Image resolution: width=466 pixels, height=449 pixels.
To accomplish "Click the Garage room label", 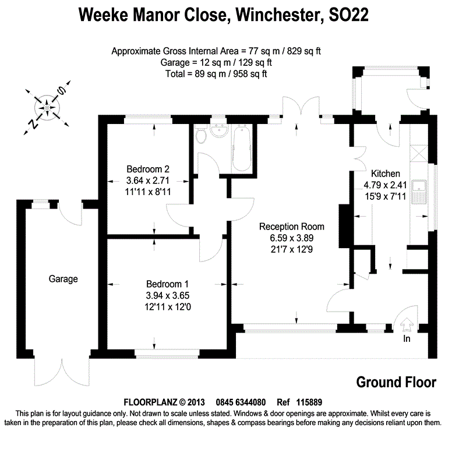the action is click(x=63, y=279).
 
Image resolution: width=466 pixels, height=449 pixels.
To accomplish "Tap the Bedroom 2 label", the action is click(x=148, y=169).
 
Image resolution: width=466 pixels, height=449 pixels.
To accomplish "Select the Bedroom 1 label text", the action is click(x=167, y=284).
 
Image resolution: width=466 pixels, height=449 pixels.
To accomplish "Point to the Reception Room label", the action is click(x=292, y=227).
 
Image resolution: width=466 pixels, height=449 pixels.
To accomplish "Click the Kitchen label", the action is click(x=386, y=174).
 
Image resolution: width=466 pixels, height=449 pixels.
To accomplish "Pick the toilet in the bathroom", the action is click(x=202, y=135).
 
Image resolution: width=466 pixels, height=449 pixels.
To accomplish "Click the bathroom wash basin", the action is click(x=219, y=132).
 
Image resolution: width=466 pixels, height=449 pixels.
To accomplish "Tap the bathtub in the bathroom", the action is click(x=241, y=148).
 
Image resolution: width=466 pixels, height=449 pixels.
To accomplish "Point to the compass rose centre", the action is click(x=47, y=107).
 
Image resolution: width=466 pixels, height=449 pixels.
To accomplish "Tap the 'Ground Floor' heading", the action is click(x=396, y=383).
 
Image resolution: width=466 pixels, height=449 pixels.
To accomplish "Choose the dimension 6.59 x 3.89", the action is click(x=292, y=238).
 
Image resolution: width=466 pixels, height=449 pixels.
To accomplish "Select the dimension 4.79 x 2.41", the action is click(x=385, y=185).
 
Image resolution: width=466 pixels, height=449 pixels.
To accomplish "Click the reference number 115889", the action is click(x=309, y=402).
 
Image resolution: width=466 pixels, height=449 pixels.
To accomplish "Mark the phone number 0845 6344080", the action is click(x=241, y=402).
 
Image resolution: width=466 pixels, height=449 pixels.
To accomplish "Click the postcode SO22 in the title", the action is click(x=348, y=15).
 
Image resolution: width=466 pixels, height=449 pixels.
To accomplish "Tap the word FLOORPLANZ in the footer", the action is click(x=151, y=402).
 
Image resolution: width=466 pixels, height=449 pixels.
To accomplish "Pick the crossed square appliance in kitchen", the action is click(x=419, y=153).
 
